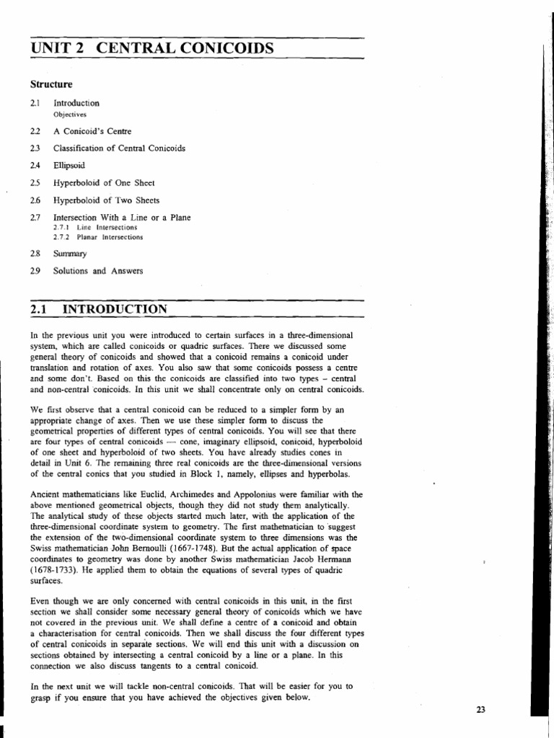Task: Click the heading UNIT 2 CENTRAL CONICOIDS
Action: [152, 48]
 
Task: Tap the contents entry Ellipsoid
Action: [69, 166]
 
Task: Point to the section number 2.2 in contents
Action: [36, 131]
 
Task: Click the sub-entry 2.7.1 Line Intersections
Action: [95, 227]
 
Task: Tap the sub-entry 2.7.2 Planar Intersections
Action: [98, 236]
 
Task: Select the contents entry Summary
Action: [70, 254]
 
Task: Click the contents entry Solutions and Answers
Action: [98, 271]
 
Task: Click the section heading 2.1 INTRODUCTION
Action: [100, 309]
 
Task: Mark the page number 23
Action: [481, 710]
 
